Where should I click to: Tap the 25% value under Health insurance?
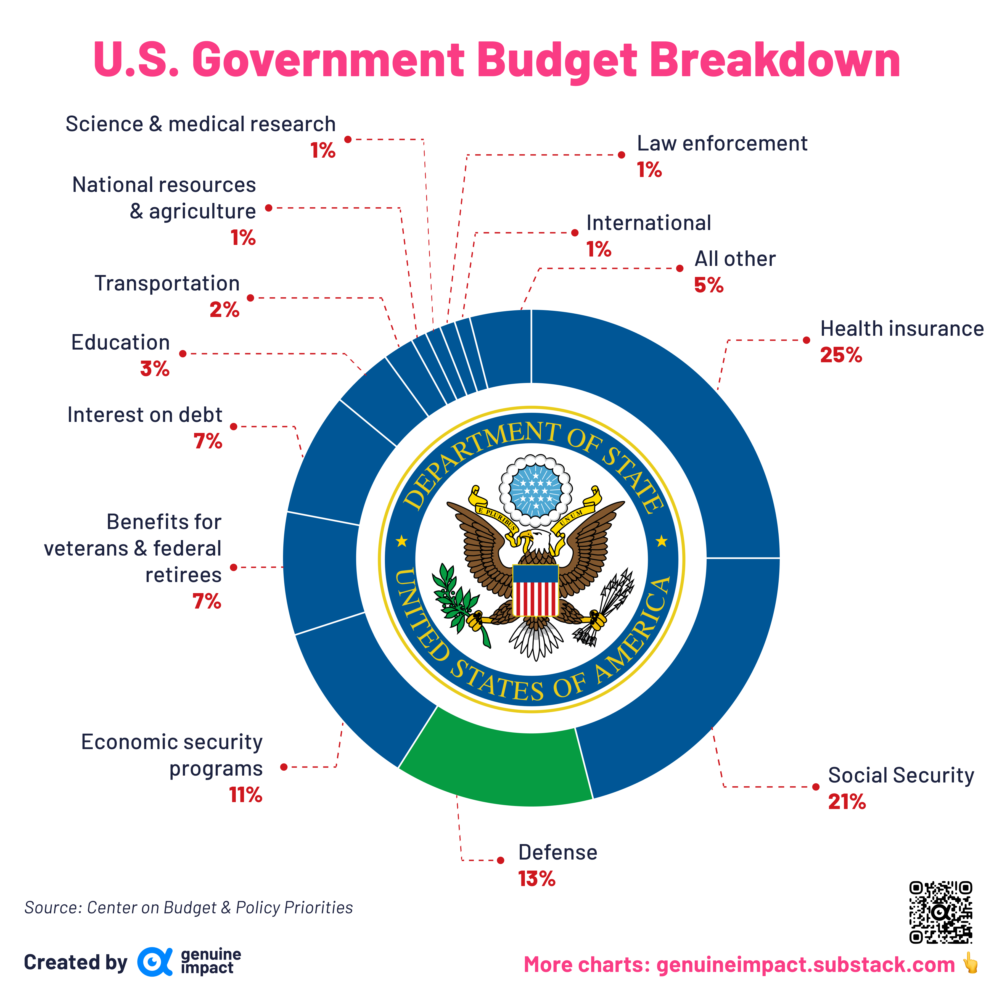pyautogui.click(x=841, y=355)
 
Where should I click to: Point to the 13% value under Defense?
pyautogui.click(x=536, y=879)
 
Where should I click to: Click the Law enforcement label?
pyautogui.click(x=722, y=144)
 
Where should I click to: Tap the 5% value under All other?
pyautogui.click(x=709, y=285)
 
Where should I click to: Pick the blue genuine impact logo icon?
pyautogui.click(x=154, y=962)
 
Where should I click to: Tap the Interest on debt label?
pyautogui.click(x=145, y=415)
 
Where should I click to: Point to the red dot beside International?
pyautogui.click(x=575, y=233)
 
